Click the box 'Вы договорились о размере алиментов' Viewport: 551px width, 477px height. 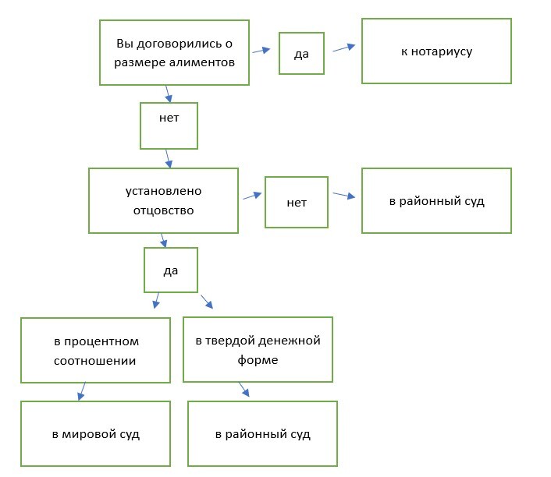tap(174, 52)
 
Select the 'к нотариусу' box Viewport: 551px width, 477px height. tap(436, 51)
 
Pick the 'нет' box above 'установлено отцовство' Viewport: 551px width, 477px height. tap(169, 125)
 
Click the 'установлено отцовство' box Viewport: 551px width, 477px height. tap(163, 200)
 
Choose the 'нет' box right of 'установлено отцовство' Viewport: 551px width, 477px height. tap(297, 203)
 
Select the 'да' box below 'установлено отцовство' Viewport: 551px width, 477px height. tap(171, 270)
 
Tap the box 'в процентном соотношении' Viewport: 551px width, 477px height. tap(95, 350)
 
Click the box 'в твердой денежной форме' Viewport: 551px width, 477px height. tap(258, 349)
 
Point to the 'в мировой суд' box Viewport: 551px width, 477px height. tap(95, 433)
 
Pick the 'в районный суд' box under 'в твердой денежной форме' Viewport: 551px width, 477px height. tap(263, 433)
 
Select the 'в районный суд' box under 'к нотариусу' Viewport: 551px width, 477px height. tap(436, 200)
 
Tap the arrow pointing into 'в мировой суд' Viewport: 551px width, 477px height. tap(83, 391)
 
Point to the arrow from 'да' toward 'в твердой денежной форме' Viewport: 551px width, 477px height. tap(207, 301)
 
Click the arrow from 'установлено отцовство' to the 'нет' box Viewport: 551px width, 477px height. tap(251, 196)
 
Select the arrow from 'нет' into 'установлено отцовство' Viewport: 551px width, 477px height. tap(168, 159)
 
